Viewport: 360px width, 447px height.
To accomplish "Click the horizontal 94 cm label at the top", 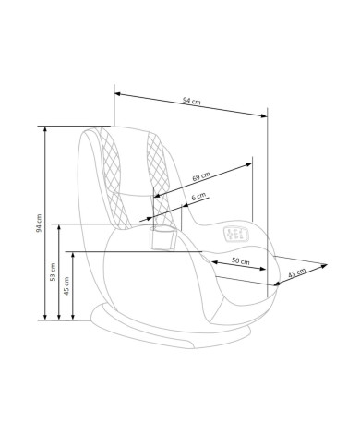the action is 192,101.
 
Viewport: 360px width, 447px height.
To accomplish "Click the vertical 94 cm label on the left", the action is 39,223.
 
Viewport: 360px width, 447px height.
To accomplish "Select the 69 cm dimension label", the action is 201,176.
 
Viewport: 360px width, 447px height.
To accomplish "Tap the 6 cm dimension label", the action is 198,197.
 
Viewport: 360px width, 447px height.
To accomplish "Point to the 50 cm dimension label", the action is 241,261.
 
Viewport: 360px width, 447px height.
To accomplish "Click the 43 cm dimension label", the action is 297,272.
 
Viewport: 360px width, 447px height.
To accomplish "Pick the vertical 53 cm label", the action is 53,272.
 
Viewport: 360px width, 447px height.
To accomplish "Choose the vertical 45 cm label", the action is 66,286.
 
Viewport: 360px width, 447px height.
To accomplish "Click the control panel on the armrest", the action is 236,234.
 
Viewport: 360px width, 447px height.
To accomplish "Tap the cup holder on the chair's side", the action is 162,237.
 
